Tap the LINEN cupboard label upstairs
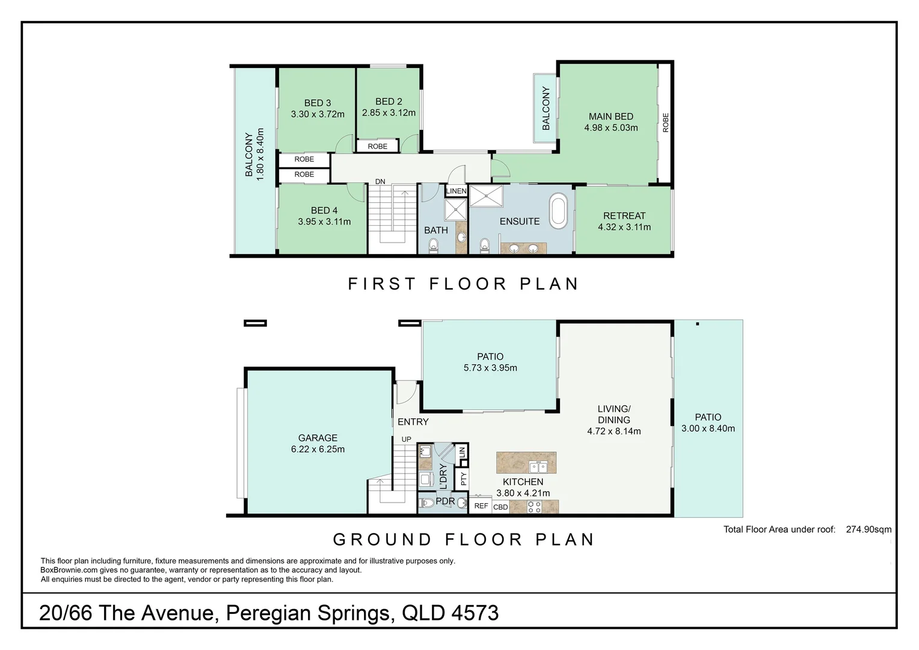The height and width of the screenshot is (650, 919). coord(456,191)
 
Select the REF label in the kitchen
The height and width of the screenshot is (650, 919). coord(481,506)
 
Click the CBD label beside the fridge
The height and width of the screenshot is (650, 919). coord(500,507)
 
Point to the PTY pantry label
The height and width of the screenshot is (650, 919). coord(464,479)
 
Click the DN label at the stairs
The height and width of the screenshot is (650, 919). coord(380,182)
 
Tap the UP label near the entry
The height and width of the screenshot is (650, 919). coord(406,439)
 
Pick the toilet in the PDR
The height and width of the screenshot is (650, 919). coord(426,503)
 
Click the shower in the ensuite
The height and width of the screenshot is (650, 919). coord(486,196)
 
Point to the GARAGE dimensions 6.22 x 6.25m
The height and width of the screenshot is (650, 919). coord(318,449)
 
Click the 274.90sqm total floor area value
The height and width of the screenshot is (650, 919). coord(868,530)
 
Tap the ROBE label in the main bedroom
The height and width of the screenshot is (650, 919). coord(665,123)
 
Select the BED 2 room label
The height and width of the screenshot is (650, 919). coord(389,102)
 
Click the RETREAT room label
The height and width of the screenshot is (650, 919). coord(624,216)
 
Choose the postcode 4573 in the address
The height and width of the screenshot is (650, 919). coord(475,613)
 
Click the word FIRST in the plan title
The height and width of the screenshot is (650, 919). coord(382,284)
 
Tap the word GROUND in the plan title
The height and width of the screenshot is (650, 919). coord(382,539)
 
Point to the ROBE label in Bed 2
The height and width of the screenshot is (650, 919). coord(378,146)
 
